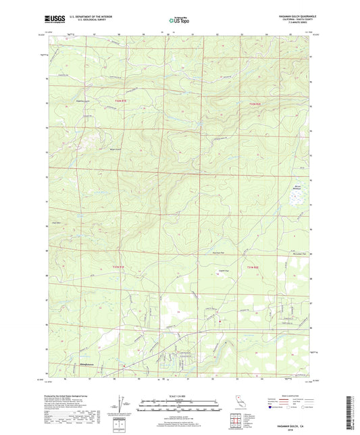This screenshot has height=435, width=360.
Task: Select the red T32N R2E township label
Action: (x=254, y=103)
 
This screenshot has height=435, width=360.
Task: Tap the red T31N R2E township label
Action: (x=253, y=268)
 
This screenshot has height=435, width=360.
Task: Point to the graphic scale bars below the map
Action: (x=179, y=405)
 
